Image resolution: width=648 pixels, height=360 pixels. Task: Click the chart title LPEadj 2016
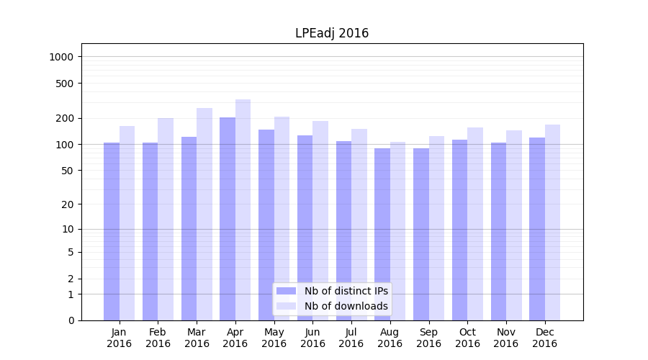click(332, 33)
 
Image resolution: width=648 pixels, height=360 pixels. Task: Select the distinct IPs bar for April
click(228, 219)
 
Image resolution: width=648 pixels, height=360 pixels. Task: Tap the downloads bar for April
click(243, 210)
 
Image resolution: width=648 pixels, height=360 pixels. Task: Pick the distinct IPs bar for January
click(112, 231)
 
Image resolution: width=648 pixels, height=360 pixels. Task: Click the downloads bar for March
click(204, 214)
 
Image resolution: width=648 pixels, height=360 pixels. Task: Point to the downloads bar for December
click(552, 222)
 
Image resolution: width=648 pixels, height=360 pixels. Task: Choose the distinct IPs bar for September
click(421, 234)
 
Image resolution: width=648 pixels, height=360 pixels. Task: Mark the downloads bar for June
click(320, 220)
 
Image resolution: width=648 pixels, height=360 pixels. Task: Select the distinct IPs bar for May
click(266, 225)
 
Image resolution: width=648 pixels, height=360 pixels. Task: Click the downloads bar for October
click(475, 224)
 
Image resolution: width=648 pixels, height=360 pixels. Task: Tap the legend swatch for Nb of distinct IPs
click(287, 291)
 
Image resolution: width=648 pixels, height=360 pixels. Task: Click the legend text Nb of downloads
click(346, 306)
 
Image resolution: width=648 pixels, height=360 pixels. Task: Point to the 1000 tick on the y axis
click(63, 57)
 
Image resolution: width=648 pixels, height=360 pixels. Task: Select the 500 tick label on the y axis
click(66, 84)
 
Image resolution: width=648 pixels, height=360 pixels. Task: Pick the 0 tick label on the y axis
click(71, 320)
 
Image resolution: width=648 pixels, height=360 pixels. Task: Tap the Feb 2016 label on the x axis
click(158, 338)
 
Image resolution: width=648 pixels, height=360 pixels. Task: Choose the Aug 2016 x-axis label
click(390, 338)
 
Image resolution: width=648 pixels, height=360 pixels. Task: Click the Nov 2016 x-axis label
click(506, 338)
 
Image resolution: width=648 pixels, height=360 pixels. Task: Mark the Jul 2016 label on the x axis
click(351, 338)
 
